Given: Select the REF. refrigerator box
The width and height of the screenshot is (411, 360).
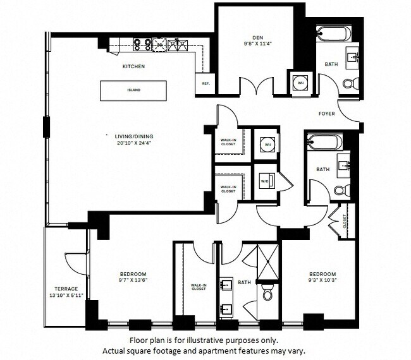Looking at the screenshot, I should [x=205, y=83].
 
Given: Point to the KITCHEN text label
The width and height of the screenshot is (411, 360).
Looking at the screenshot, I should [x=134, y=66].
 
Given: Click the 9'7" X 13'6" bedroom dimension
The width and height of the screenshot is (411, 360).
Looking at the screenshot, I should [x=133, y=282].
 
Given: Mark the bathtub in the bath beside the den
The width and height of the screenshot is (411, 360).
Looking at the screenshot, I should [x=329, y=32].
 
